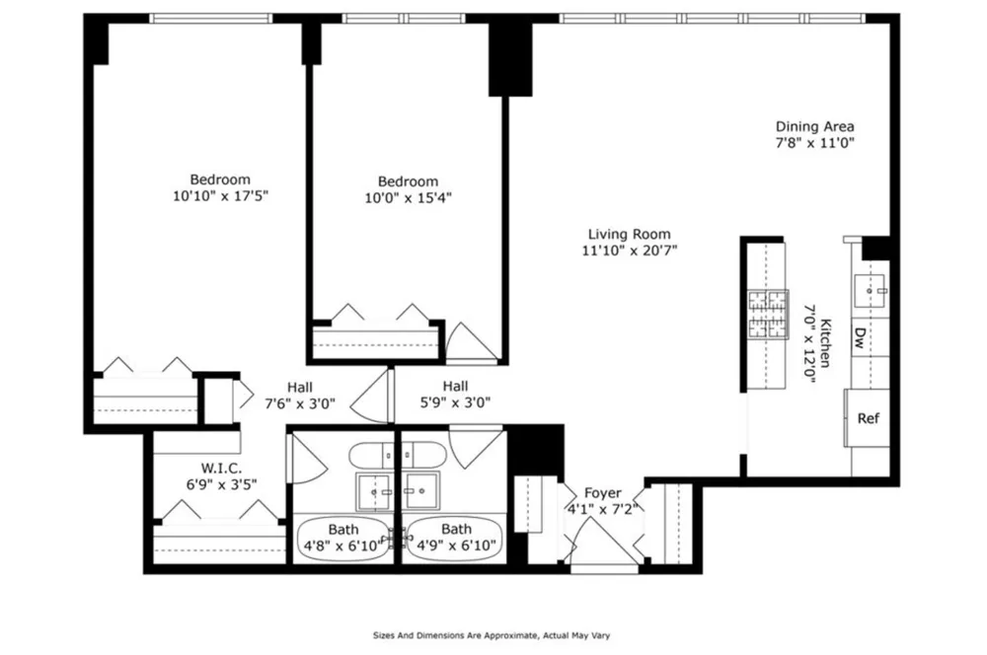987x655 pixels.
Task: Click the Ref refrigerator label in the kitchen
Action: (868, 418)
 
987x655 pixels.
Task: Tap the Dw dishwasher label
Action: (860, 338)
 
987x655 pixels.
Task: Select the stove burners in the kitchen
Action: (767, 315)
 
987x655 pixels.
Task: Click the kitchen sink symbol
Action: (871, 291)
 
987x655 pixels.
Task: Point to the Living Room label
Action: (629, 235)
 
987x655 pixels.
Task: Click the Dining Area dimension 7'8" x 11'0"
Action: (814, 143)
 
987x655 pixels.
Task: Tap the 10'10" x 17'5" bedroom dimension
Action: (220, 195)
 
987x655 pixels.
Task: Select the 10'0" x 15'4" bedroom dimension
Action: (408, 197)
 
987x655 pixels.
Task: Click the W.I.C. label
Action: (221, 469)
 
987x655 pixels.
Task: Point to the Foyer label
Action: (602, 492)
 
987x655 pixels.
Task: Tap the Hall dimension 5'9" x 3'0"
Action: (455, 402)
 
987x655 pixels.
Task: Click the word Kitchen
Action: (824, 343)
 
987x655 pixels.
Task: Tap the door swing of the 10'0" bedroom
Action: (471, 343)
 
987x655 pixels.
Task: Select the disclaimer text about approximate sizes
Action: (492, 635)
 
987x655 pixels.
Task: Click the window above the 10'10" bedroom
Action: (211, 18)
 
